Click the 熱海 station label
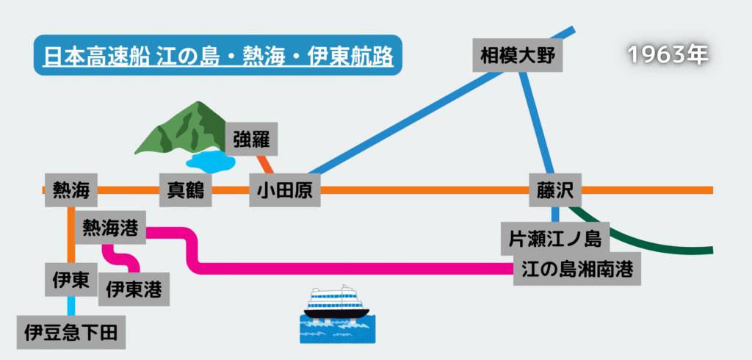[71, 191]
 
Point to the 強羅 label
[251, 139]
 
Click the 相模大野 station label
[517, 54]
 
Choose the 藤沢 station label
[555, 191]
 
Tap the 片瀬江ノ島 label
[555, 238]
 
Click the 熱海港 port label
[110, 228]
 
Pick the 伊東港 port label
[134, 289]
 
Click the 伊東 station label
[71, 279]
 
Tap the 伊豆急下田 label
[70, 331]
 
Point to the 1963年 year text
[668, 54]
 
